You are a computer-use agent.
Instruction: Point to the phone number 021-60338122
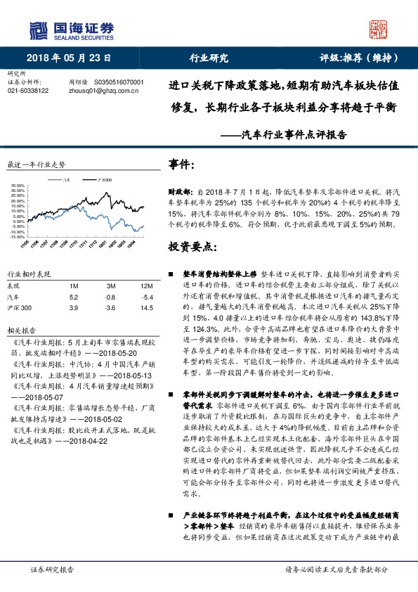[28, 91]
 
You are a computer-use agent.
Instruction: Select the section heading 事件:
[182, 165]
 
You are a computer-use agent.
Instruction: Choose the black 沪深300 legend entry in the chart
[103, 181]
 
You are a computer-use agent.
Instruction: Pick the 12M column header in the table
[146, 286]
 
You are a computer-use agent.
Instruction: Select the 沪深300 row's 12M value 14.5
[146, 308]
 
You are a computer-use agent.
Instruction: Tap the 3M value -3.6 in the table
[110, 308]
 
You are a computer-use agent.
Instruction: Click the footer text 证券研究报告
[53, 570]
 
